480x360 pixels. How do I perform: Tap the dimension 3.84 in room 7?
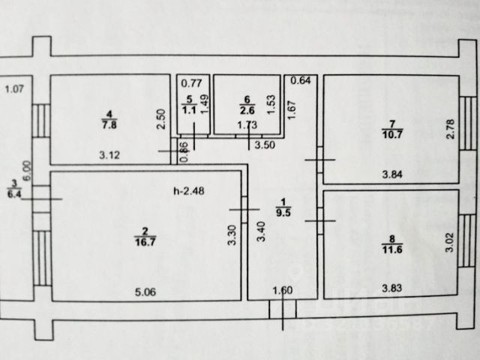[x=394, y=175]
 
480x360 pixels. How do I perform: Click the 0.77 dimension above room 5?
[x=193, y=82]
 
